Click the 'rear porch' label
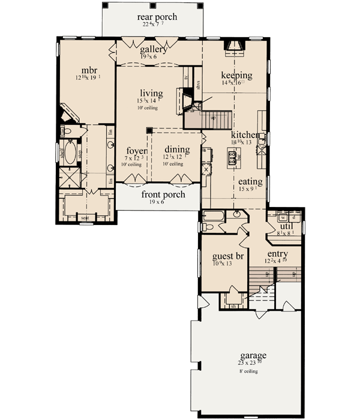157,17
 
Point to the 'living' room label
152,93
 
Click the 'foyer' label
137,151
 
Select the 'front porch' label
163,195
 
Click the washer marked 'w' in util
283,217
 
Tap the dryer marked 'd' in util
293,217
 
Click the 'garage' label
253,355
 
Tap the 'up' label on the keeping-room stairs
212,118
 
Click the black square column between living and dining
148,130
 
